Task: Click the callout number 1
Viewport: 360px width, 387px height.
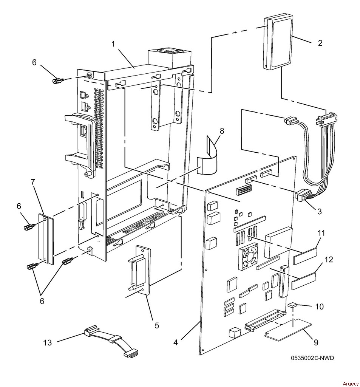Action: (x=113, y=44)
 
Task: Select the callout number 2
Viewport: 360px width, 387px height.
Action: (x=320, y=43)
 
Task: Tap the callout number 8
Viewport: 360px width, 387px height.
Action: (x=222, y=131)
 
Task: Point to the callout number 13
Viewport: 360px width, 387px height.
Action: (x=48, y=342)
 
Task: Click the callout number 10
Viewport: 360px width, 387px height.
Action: (x=320, y=307)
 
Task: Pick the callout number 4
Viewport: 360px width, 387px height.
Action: (x=175, y=342)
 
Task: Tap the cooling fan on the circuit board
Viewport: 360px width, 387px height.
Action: (x=248, y=256)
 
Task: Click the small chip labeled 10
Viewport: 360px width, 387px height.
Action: (x=292, y=305)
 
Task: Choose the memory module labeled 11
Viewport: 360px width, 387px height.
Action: (x=305, y=256)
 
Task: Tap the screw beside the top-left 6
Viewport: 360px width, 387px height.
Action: (x=59, y=80)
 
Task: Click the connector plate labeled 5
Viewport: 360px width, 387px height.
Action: (x=140, y=270)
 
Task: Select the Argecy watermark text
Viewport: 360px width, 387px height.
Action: (x=351, y=384)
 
